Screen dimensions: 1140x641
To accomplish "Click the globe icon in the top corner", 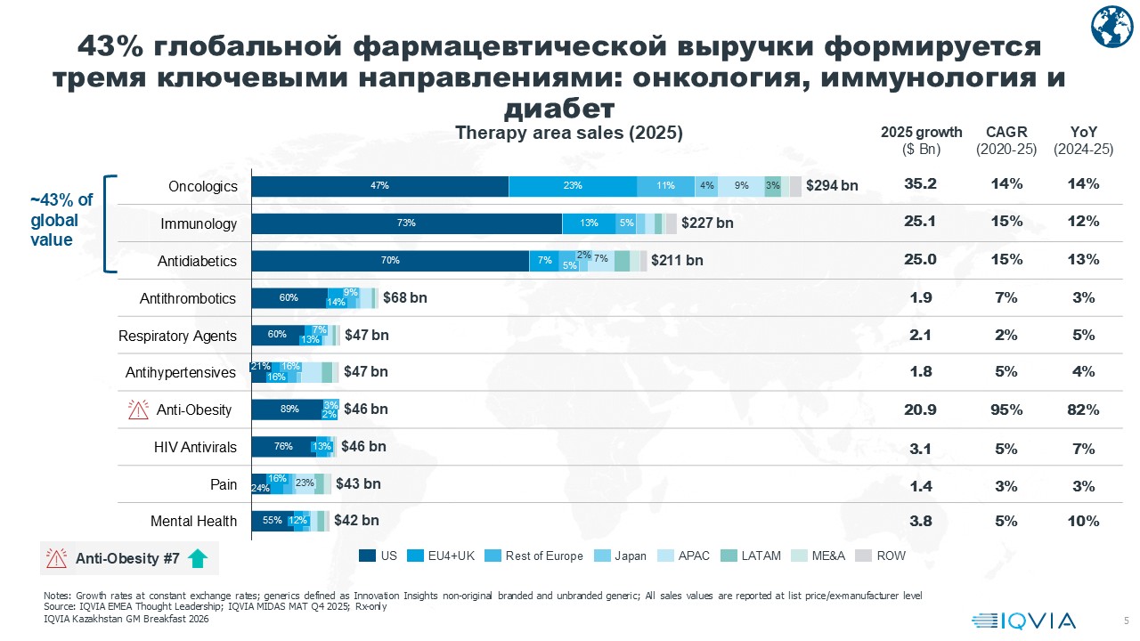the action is pos(1111,27).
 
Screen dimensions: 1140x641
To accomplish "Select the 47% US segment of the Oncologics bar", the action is pos(380,186).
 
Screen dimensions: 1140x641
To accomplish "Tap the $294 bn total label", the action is pos(832,186).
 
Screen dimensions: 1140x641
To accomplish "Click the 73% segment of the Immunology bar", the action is pos(407,223).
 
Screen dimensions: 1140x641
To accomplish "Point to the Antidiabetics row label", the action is pos(197,261).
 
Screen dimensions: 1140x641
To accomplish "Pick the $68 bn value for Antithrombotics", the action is pos(405,297).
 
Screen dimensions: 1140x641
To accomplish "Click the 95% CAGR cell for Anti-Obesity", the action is pos(1006,410).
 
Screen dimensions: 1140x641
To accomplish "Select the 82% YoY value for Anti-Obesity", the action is pos(1083,410).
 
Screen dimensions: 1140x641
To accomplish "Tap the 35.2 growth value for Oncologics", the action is pos(920,183).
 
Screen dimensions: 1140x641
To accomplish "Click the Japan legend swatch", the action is pos(602,556).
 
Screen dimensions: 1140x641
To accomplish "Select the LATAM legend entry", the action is pos(751,556).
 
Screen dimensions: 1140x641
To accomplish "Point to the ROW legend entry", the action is pos(881,556).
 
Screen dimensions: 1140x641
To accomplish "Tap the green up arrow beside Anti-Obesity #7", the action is pos(198,558).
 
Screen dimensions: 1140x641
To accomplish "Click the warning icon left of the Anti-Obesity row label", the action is pos(138,410).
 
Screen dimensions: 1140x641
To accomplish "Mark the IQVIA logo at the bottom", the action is pos(1023,621).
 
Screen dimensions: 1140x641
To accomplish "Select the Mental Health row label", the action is pos(193,522).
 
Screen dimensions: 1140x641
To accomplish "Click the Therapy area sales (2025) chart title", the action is pos(569,133).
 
